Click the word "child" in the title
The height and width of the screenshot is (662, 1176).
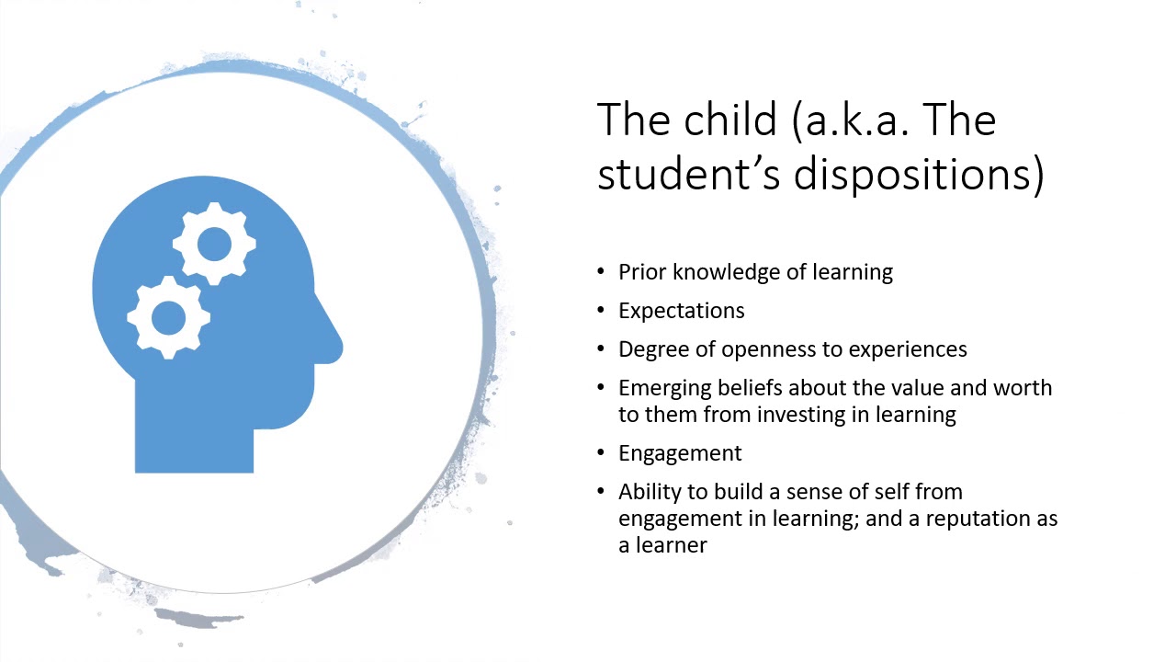730,120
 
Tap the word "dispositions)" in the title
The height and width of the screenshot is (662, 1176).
919,175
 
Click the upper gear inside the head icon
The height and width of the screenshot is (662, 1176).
214,245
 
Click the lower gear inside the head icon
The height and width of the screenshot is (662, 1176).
168,317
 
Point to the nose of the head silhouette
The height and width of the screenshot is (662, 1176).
333,348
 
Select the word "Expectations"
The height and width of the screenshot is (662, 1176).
681,311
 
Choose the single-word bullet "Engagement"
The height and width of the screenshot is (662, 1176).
679,453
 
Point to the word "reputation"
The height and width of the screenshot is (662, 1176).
976,519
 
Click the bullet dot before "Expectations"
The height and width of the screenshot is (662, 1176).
601,311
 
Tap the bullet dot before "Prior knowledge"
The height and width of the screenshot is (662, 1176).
601,272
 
